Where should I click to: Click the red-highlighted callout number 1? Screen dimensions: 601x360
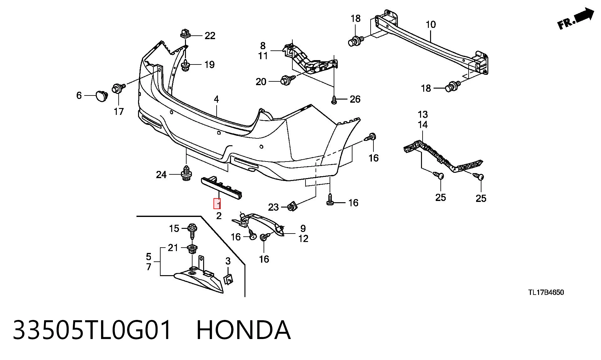217,204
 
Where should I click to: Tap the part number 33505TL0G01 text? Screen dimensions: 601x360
92,330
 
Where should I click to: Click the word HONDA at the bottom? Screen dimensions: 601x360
244,330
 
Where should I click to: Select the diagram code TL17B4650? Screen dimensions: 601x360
546,292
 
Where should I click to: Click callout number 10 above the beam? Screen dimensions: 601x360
431,24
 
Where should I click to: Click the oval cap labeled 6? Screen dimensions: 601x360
101,96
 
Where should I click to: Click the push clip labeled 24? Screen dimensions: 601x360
187,174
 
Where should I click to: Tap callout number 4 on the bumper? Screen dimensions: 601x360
216,100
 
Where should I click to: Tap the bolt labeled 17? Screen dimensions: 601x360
119,88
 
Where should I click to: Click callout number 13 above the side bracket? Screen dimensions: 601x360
423,115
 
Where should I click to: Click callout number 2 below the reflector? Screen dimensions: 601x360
219,216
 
